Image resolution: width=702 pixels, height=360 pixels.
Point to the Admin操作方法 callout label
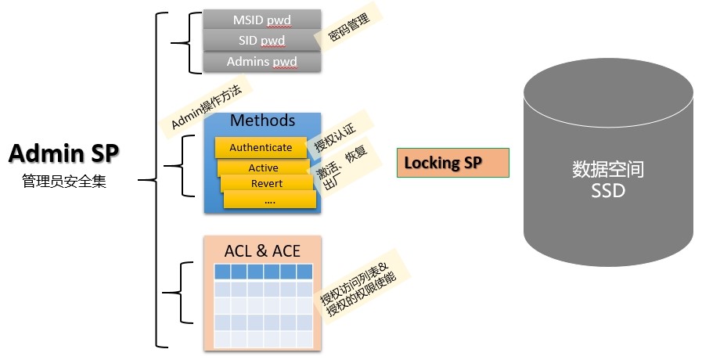205,103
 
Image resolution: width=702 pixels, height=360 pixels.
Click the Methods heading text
262,121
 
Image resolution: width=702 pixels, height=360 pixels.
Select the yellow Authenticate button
261,147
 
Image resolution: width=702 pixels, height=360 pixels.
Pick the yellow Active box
264,167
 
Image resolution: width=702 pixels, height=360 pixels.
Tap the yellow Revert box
267,184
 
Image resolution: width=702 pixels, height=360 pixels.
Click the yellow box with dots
269,200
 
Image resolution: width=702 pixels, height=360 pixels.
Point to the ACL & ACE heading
262,251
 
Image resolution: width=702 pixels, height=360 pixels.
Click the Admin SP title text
63,153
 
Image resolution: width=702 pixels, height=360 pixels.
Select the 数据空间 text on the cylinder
608,169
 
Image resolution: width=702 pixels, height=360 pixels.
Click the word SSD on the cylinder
608,190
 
